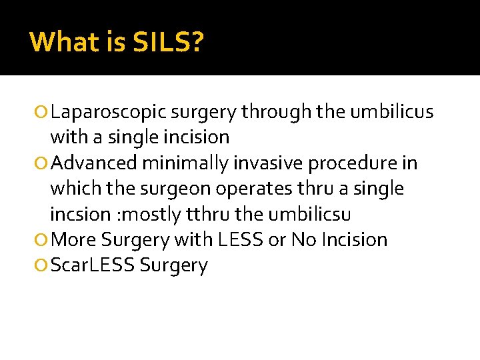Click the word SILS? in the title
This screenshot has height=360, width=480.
[x=169, y=43]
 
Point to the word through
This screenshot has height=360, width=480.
[x=275, y=113]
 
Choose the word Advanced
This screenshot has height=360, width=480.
[x=94, y=163]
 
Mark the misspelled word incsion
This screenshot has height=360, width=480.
[x=79, y=214]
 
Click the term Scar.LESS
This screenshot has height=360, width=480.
[x=93, y=265]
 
